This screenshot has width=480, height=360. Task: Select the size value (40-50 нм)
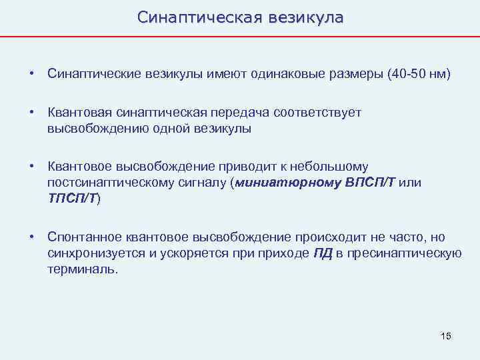click(418, 73)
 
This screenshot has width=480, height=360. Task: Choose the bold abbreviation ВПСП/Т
click(371, 183)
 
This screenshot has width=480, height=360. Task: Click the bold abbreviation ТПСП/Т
click(72, 198)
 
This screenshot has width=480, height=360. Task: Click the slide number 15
click(445, 336)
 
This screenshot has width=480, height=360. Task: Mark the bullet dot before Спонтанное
click(32, 238)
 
